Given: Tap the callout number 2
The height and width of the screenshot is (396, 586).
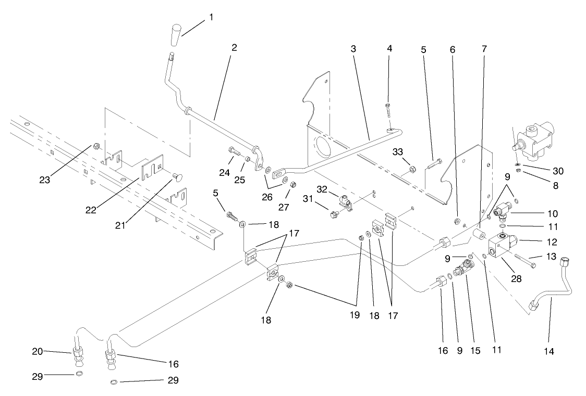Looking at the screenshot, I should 234,47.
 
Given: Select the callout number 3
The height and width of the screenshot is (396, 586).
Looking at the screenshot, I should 353,48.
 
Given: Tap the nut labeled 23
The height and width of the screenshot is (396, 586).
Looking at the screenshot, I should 97,147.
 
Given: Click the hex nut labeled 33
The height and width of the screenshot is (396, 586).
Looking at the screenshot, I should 412,169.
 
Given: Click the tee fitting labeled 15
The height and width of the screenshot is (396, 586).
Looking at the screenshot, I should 462,272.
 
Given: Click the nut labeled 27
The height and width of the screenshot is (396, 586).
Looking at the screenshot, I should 293,184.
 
